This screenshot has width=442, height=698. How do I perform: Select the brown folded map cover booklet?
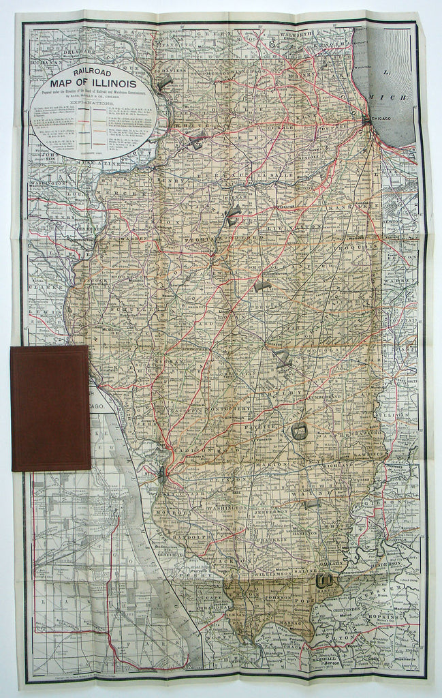50,408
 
